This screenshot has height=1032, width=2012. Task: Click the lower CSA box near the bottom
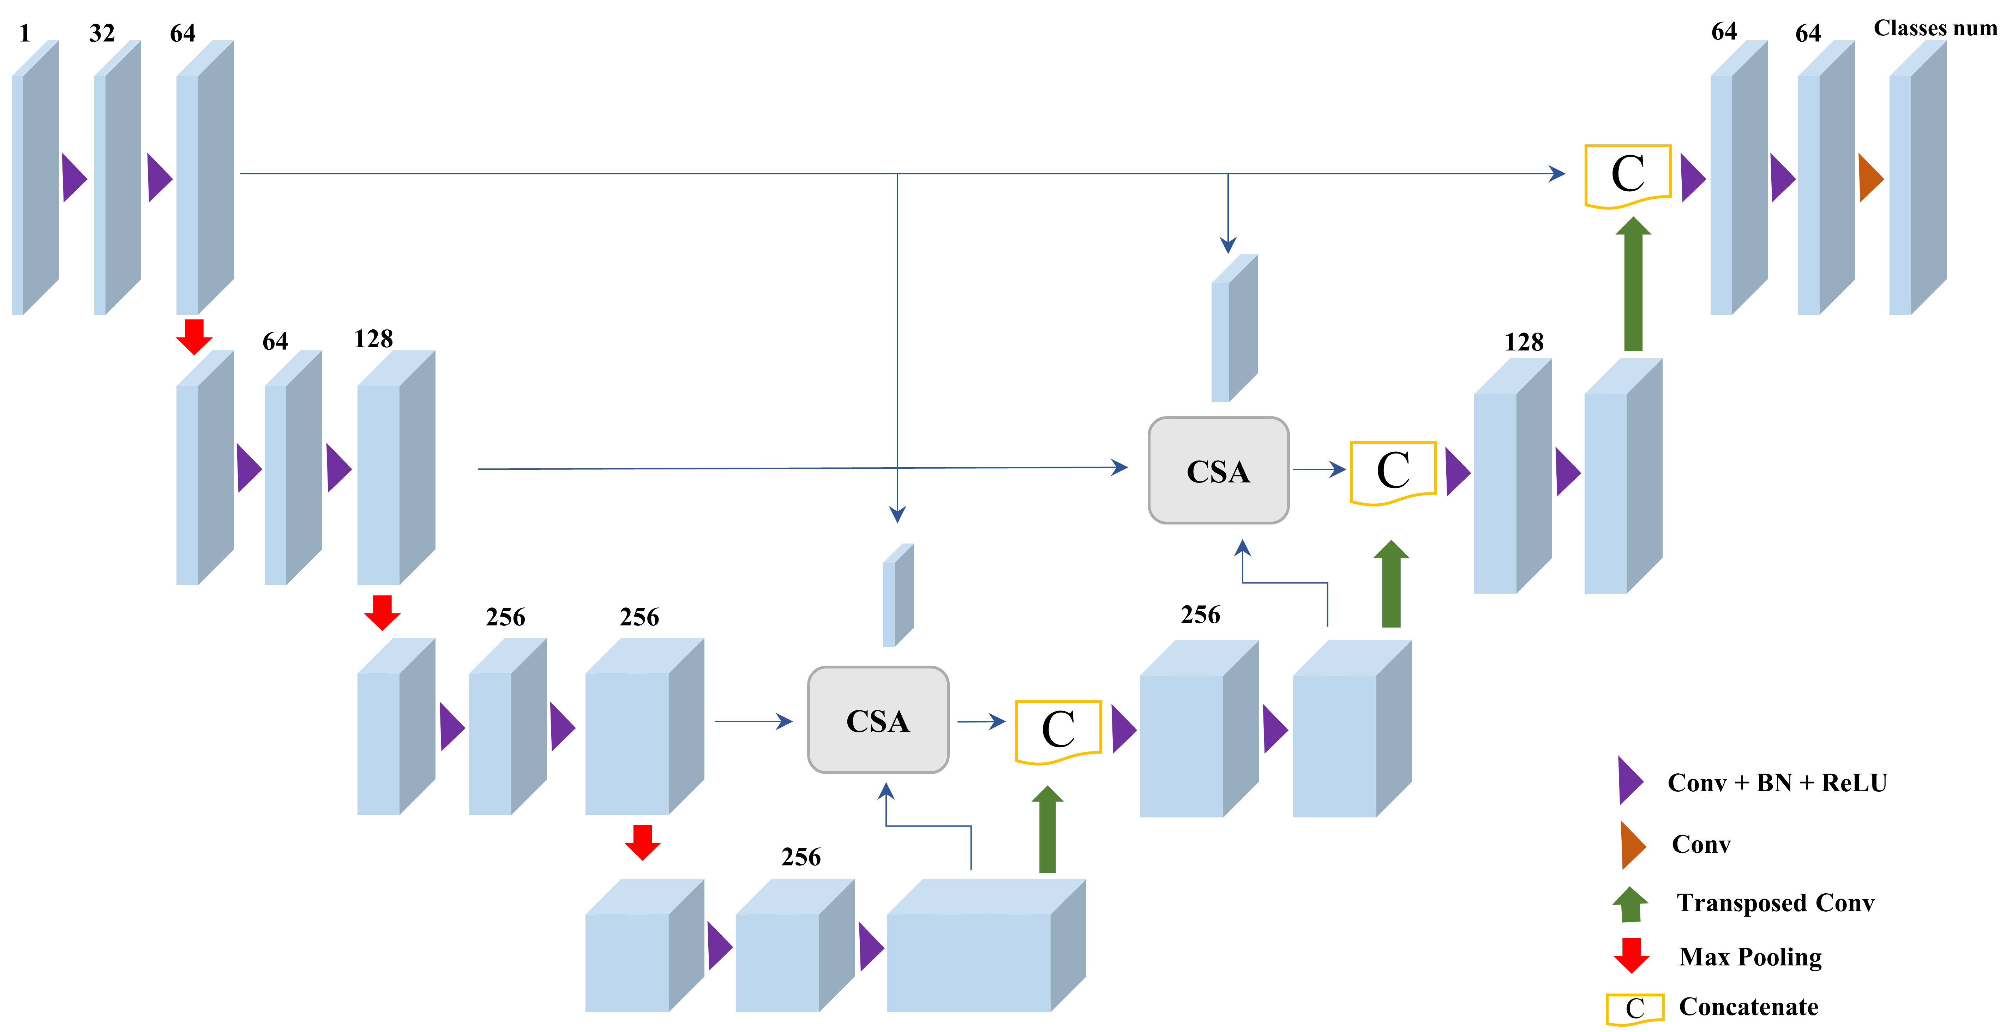click(878, 720)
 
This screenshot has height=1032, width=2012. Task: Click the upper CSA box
click(1218, 470)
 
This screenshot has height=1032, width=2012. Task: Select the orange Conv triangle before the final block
click(1870, 178)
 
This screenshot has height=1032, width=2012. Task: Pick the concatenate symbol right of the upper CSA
click(1393, 472)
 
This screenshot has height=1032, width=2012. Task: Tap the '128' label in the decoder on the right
click(1524, 342)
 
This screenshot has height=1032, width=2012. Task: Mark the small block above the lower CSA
click(898, 595)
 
